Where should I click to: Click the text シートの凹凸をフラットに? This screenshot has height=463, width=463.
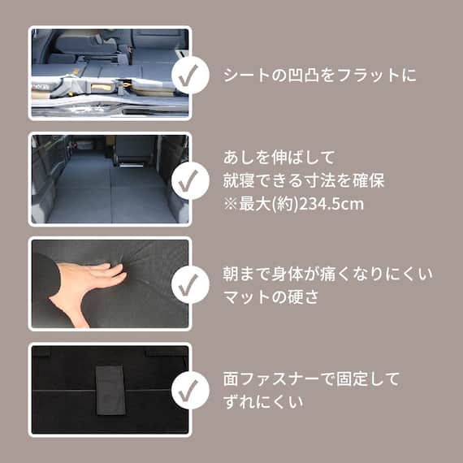pos(319,76)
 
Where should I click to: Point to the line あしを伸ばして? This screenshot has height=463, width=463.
pos(279,157)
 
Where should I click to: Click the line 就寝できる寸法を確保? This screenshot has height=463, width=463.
pos(303,180)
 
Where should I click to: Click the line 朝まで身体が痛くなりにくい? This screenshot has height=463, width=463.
pos(327,274)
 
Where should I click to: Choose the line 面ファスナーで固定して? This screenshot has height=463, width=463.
pos(311,379)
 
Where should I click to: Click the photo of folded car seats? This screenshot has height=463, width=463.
pos(109,73)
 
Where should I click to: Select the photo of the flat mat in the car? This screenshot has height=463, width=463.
pos(109,179)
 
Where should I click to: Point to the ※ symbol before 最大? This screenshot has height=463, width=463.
pos(230,203)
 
